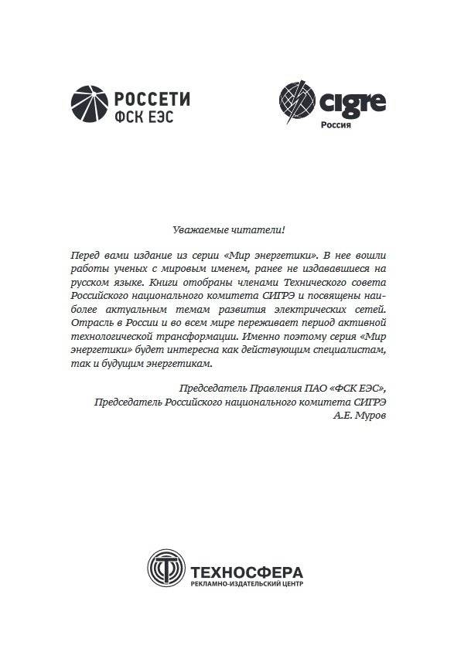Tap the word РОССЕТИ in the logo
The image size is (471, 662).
[152, 100]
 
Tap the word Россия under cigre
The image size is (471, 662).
[336, 124]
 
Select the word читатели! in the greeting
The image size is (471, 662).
[261, 229]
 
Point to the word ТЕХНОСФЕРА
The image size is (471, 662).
[247, 572]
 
